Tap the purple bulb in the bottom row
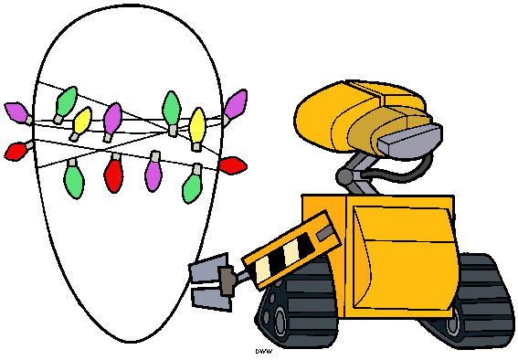point(153,173)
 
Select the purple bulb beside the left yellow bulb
point(112,119)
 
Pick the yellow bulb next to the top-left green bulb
point(82,120)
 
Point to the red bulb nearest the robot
point(233,165)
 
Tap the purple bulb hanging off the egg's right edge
point(236,103)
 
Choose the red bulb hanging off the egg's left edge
point(16,150)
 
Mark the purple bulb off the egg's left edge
point(16,113)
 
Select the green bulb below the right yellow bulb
point(192,187)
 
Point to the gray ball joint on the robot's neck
point(345,175)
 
